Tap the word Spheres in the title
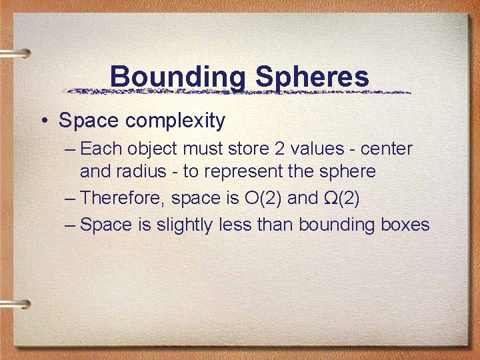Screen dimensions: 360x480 [312, 77]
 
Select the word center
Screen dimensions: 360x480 [387, 149]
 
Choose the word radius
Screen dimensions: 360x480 [142, 171]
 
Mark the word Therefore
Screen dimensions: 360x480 [122, 198]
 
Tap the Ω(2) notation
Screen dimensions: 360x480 [351, 198]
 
